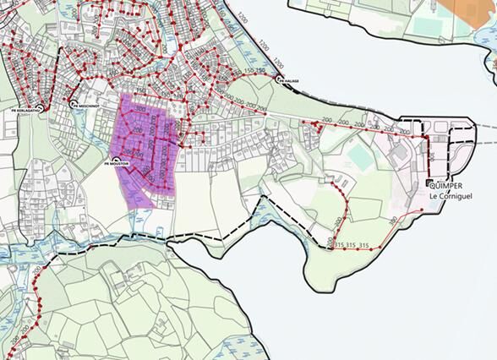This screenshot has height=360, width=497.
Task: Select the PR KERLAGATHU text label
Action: [26, 109]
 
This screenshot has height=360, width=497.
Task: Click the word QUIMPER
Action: [448, 188]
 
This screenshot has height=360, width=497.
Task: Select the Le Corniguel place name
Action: [449, 197]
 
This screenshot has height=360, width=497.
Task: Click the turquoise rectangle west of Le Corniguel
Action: [360, 157]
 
